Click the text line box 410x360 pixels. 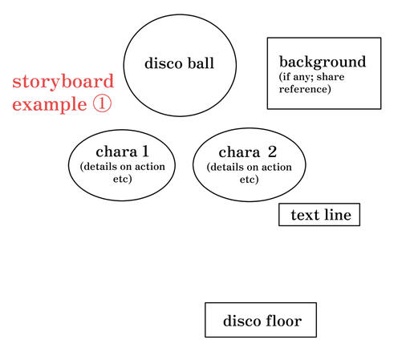click(319, 215)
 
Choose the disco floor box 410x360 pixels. click(261, 320)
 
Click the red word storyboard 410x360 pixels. click(63, 82)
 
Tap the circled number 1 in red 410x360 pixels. click(103, 104)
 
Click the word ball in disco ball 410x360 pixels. click(199, 63)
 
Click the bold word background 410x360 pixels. click(322, 62)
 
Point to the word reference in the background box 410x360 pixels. click(304, 89)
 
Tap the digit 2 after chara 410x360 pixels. click(272, 152)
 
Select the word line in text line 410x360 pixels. click(336, 215)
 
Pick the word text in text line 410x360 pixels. click(304, 215)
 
